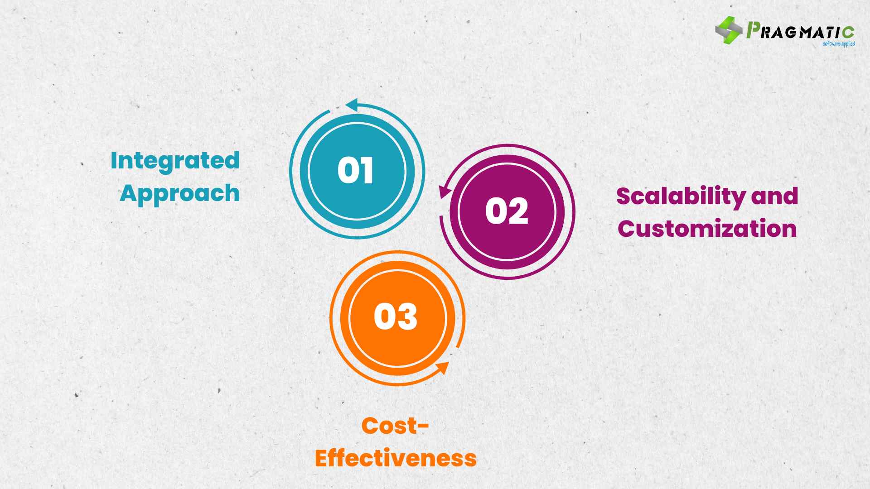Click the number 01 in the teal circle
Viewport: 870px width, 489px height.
pyautogui.click(x=356, y=170)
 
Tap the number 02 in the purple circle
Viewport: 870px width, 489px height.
pyautogui.click(x=507, y=211)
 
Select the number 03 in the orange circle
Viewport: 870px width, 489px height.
pyautogui.click(x=396, y=316)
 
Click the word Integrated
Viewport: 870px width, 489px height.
pyautogui.click(x=175, y=161)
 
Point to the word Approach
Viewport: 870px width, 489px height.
pyautogui.click(x=180, y=194)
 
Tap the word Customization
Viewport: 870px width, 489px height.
pyautogui.click(x=707, y=229)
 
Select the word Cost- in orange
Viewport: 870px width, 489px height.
pyautogui.click(x=395, y=426)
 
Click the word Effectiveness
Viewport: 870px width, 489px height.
pyautogui.click(x=396, y=458)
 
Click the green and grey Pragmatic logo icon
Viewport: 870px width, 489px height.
pyautogui.click(x=729, y=30)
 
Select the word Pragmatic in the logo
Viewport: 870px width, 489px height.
pyautogui.click(x=800, y=31)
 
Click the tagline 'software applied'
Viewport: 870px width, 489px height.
pyautogui.click(x=838, y=44)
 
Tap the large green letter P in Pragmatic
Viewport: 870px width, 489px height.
pyautogui.click(x=753, y=30)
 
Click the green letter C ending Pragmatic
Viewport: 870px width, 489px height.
pyautogui.click(x=849, y=33)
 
